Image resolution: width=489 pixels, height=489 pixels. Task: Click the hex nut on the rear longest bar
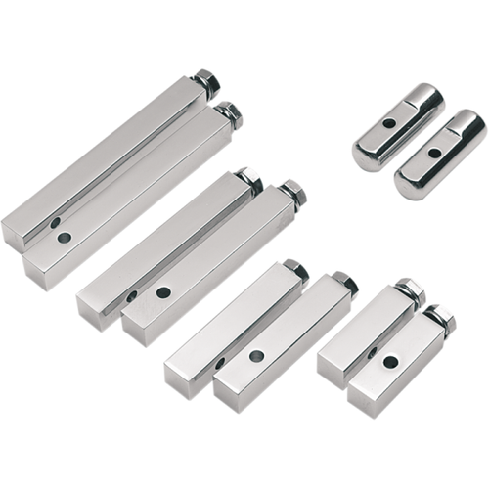(x=205, y=80)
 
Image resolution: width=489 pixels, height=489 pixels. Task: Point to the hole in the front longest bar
(x=64, y=238)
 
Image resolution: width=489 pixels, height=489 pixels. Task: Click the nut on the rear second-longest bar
(x=248, y=179)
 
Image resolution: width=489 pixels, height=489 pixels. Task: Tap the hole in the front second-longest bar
(x=163, y=291)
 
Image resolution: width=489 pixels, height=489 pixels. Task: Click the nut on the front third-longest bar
(x=343, y=283)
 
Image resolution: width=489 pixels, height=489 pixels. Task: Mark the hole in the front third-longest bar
(x=256, y=356)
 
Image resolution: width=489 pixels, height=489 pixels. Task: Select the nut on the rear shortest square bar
(x=409, y=289)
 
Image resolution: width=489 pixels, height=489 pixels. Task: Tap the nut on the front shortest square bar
(x=441, y=317)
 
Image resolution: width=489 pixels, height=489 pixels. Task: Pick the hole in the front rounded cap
(x=433, y=153)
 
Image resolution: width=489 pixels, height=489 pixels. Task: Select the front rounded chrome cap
(x=440, y=154)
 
